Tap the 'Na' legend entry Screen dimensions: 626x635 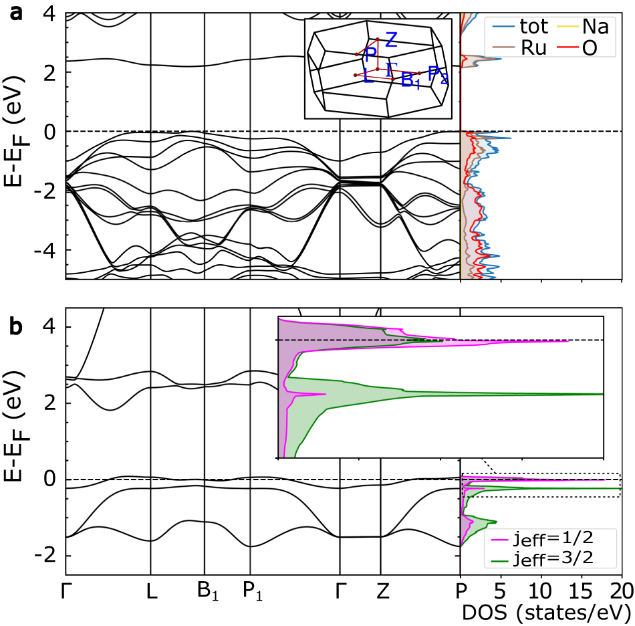pyautogui.click(x=594, y=27)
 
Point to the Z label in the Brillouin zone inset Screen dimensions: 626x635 pyautogui.click(x=391, y=39)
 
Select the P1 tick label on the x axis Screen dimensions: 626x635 pyautogui.click(x=251, y=592)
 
